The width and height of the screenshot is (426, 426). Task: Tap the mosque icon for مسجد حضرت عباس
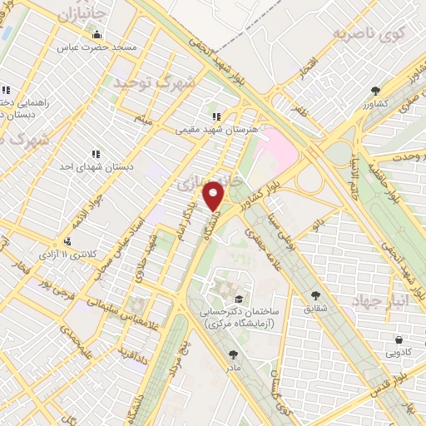click(x=97, y=35)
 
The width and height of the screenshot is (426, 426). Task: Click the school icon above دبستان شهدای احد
click(x=97, y=154)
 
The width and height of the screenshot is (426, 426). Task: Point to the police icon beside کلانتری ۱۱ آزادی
click(x=67, y=241)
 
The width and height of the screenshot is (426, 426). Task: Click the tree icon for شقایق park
click(x=315, y=295)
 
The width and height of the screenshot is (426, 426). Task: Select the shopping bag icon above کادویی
click(x=399, y=339)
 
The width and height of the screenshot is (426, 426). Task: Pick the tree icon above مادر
click(x=233, y=354)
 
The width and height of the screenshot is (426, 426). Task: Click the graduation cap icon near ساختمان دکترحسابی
click(x=240, y=299)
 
